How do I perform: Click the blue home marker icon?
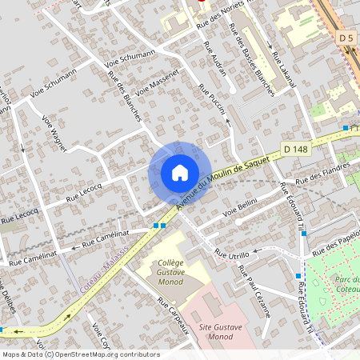179,173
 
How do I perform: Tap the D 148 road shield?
296,149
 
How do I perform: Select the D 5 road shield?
346,38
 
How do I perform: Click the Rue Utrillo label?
233,254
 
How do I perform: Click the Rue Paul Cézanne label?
255,292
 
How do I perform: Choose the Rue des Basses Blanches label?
251,59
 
